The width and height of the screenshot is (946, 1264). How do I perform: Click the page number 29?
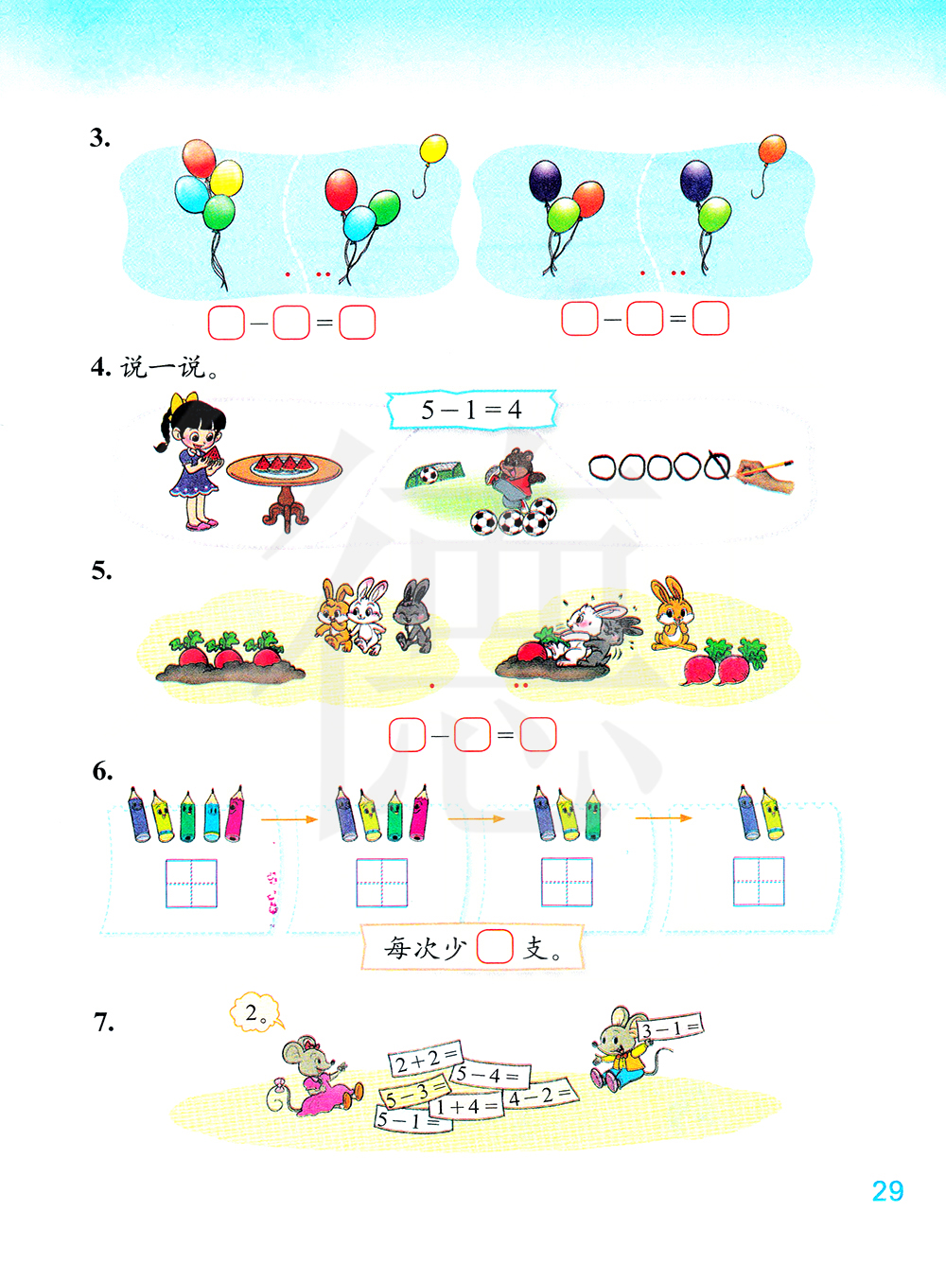887,1191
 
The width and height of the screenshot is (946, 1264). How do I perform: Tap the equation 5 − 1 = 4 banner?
471,410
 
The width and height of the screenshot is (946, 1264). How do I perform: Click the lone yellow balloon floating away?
433,149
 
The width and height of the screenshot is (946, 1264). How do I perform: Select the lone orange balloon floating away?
772,149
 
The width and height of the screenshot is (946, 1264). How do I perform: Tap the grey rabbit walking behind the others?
413,616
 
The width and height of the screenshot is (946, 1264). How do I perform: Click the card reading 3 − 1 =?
670,1027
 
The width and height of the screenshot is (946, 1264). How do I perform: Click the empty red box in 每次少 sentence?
495,946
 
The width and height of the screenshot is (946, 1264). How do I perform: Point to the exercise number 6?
102,771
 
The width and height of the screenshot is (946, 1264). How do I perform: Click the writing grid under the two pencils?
759,882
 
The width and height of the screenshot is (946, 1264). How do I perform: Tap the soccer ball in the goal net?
428,475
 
